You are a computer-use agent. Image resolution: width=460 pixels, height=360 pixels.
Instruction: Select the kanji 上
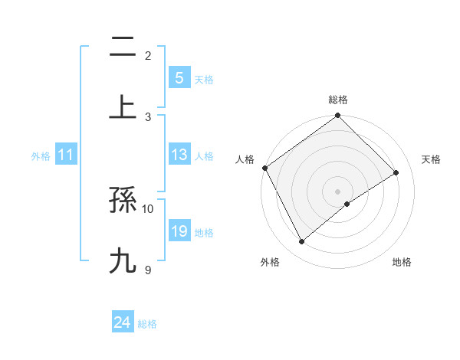pos(123,106)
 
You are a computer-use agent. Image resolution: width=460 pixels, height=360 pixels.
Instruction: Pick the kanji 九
pos(123,260)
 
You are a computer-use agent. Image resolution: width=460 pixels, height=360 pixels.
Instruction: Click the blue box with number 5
pos(179,77)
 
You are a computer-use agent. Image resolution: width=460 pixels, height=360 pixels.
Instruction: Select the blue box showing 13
pos(179,155)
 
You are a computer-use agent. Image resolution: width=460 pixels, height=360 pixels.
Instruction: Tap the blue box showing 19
pos(179,232)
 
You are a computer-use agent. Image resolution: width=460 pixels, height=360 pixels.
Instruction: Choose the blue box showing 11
pos(66,155)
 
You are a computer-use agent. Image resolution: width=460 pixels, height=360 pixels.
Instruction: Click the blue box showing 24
pos(122,323)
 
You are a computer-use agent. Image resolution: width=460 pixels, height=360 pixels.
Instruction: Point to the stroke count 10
pos(148,208)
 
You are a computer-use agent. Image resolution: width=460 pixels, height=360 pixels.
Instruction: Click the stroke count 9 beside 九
pos(148,269)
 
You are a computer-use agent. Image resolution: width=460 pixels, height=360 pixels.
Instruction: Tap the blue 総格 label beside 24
pos(147,324)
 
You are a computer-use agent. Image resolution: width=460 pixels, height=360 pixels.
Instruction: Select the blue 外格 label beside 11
pos(41,156)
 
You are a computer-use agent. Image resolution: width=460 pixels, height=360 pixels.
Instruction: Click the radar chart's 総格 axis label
pos(338,100)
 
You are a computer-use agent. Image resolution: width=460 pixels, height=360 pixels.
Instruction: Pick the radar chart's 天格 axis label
pos(431,159)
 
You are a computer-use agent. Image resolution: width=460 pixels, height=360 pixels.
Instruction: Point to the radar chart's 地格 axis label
pos(402,262)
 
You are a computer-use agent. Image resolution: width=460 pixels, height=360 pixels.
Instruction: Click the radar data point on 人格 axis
pos(265,168)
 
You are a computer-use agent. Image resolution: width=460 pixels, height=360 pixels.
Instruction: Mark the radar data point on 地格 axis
pos(347,204)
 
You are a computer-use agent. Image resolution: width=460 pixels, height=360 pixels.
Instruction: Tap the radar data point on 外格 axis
pos(302,242)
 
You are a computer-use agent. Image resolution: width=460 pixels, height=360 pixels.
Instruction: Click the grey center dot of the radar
pos(338,191)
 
